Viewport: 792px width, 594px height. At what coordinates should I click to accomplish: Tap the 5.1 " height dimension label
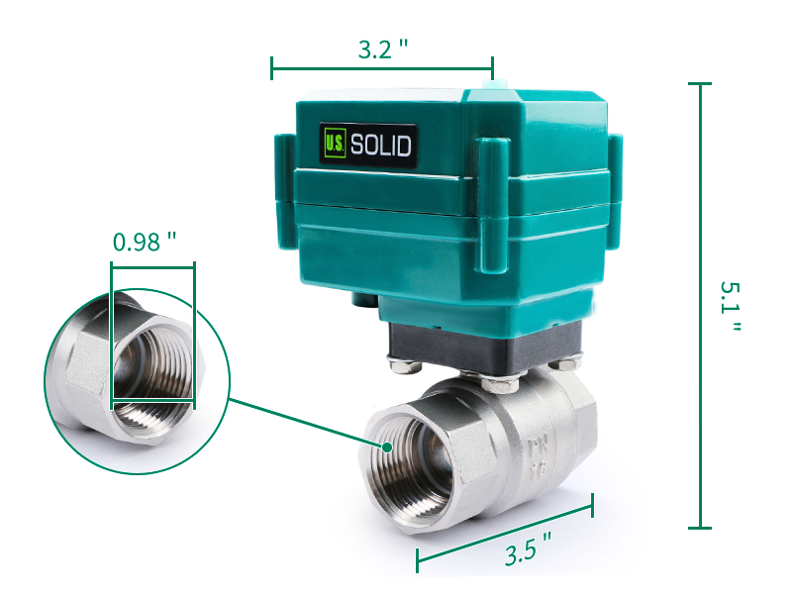(x=730, y=306)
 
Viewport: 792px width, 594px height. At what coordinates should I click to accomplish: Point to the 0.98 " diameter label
(x=145, y=242)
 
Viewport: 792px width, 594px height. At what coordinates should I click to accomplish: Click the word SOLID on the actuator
(x=380, y=145)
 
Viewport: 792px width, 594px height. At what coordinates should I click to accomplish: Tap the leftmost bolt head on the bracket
(x=400, y=367)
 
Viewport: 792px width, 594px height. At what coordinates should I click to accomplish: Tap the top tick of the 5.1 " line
(x=700, y=85)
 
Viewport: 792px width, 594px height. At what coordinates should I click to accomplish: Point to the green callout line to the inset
(x=307, y=422)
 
